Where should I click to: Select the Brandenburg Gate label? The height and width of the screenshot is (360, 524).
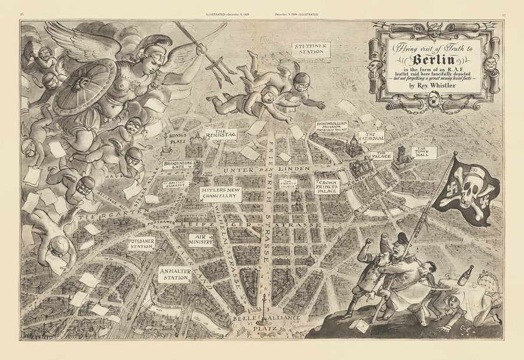(176, 167)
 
